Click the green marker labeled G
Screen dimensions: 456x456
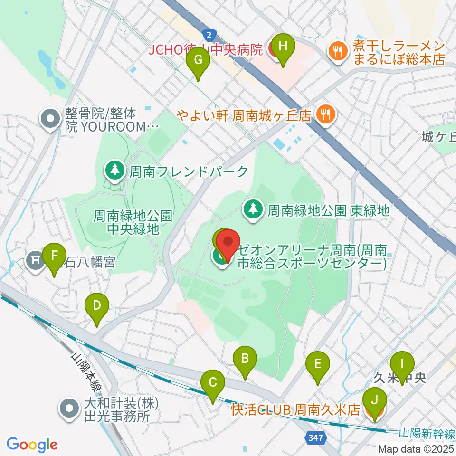(x=199, y=60)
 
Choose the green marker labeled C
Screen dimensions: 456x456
(x=213, y=382)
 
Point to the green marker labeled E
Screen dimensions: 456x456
(x=318, y=364)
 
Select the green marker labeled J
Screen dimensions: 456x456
(x=375, y=399)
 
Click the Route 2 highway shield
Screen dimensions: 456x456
(x=209, y=35)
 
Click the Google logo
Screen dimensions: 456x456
(x=32, y=445)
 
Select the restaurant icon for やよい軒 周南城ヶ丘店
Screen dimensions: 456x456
(x=326, y=114)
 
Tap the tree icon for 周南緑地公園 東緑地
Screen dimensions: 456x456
(x=253, y=209)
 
